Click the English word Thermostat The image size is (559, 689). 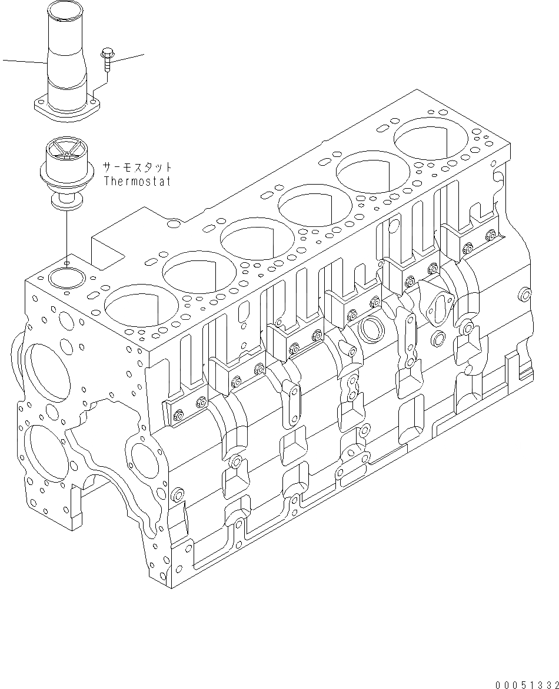pyautogui.click(x=137, y=181)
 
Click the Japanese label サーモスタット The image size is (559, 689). pyautogui.click(x=138, y=166)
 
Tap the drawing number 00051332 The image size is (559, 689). pyautogui.click(x=527, y=684)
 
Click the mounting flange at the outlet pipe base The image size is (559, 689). pyautogui.click(x=66, y=109)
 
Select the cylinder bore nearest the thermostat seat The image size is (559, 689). pyautogui.click(x=133, y=303)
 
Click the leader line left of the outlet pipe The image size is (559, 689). pyautogui.click(x=24, y=61)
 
